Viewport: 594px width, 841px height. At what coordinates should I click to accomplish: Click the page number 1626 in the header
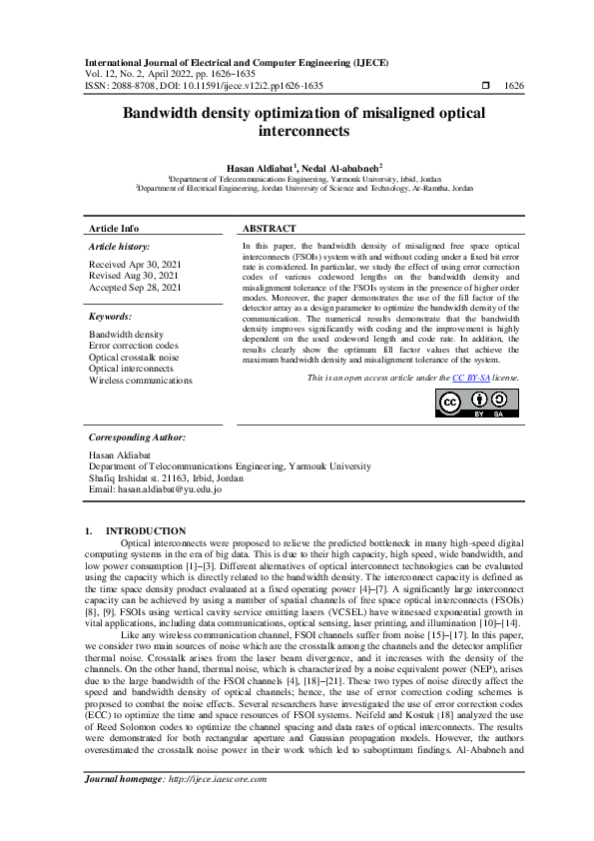514,87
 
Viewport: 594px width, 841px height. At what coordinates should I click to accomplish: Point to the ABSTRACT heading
269,229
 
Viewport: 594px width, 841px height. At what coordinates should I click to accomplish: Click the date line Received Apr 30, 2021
134,265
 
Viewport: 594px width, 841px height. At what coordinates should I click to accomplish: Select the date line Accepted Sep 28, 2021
135,287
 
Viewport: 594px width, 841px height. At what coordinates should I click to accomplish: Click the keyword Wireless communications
141,380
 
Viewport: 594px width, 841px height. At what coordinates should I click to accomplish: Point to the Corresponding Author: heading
138,436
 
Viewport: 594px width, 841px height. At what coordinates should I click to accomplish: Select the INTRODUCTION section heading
146,530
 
